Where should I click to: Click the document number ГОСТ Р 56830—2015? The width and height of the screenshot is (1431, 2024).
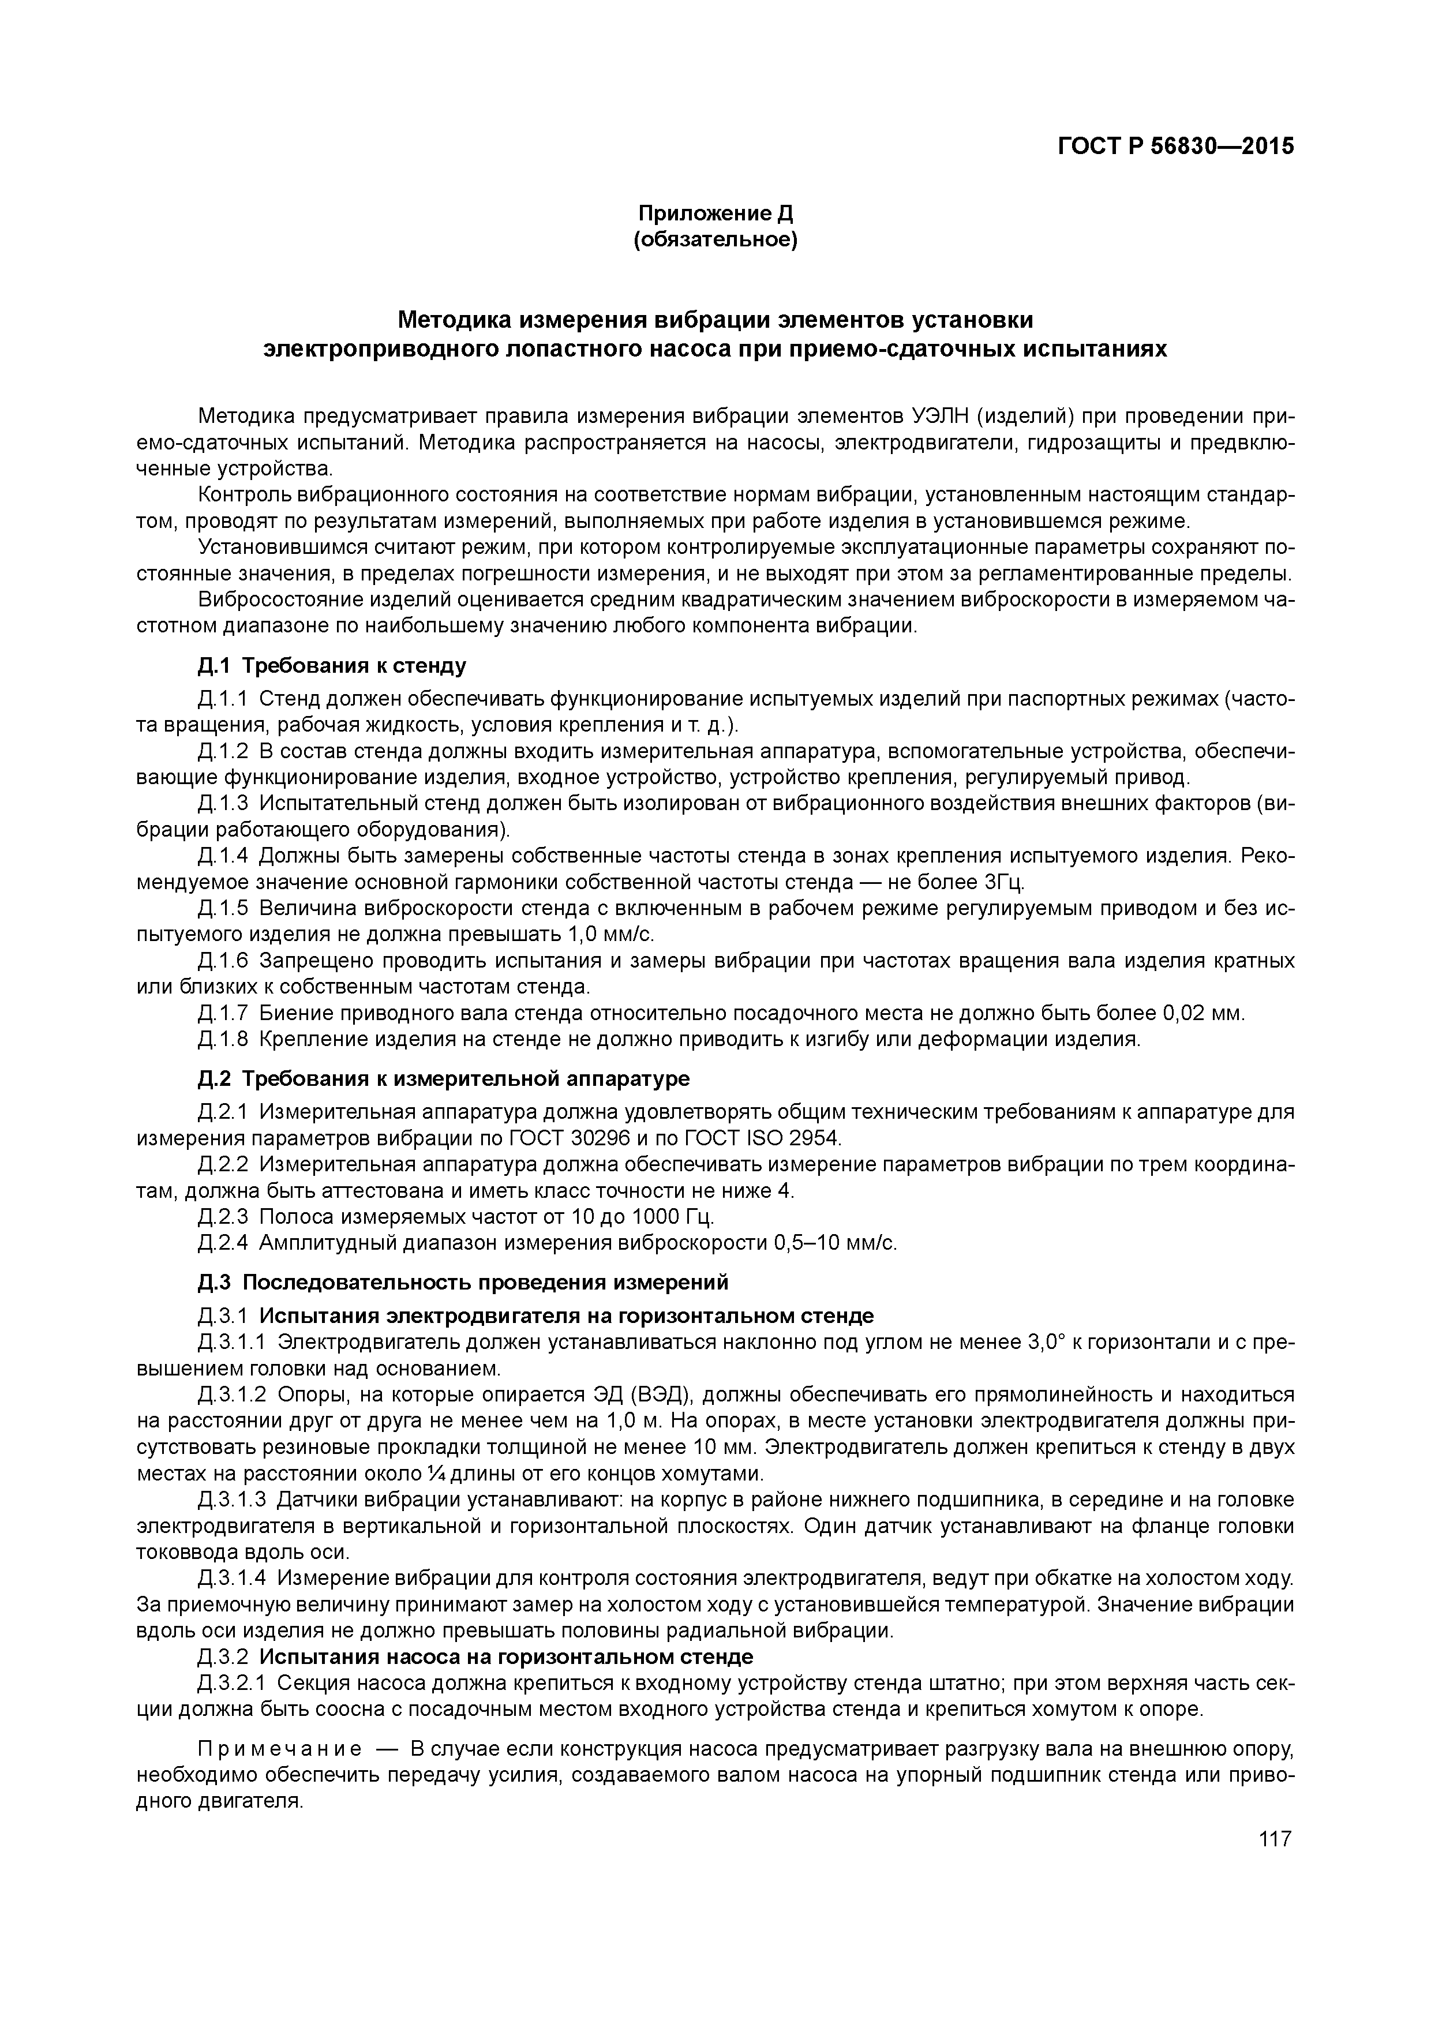coord(1175,147)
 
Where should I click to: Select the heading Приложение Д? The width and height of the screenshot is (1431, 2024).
coord(715,213)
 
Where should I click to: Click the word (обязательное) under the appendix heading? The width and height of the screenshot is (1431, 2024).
coord(715,241)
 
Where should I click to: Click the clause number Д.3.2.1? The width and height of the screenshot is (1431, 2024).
coord(232,1683)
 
